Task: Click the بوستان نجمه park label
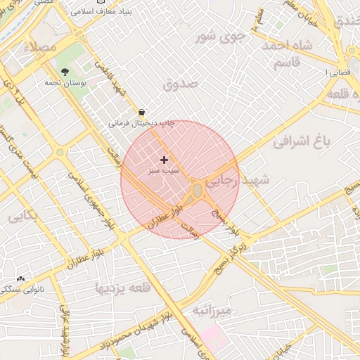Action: tap(83, 83)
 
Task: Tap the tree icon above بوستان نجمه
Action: tap(65, 72)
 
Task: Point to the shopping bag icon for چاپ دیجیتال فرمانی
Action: tap(142, 112)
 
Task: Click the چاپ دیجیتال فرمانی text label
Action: tap(141, 123)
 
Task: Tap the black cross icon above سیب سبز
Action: tap(165, 160)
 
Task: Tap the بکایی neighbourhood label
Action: tap(22, 217)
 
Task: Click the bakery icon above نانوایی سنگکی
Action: tap(20, 278)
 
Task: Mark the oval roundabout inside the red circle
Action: tap(198, 191)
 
